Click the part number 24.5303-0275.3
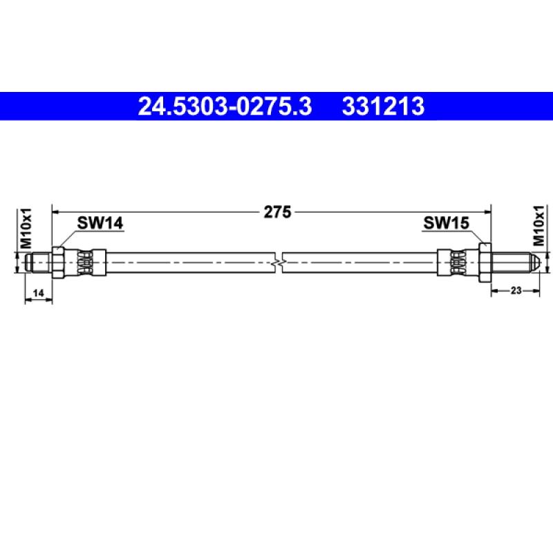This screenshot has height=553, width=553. pos(225,106)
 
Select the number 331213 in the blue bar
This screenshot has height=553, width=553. pos(383,106)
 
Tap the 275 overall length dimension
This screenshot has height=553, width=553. pos(278,212)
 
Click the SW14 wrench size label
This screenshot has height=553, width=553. pos(100,223)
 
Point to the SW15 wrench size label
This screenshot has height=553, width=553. pos(446,223)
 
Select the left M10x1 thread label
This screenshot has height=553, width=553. pos(26,228)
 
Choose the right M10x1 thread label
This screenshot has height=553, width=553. pos(539,226)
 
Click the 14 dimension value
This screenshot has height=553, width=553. pos(38,292)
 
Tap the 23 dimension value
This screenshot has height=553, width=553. pos(516,290)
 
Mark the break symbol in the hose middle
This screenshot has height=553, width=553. pos(279,263)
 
